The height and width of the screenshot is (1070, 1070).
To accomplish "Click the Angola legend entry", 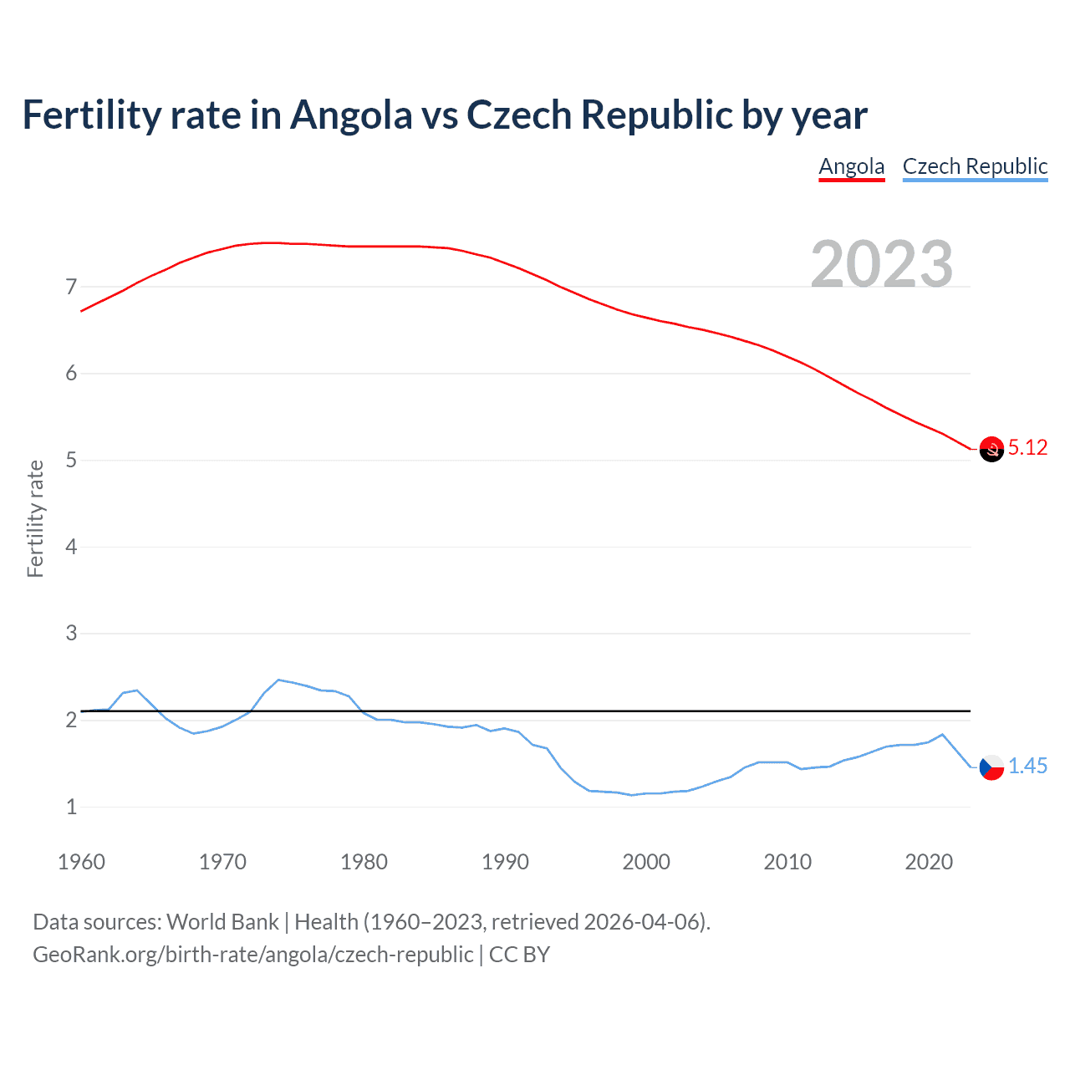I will tap(851, 166).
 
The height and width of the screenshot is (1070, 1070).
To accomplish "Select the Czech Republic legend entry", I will tap(975, 166).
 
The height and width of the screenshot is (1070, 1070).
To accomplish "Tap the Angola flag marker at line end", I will tap(991, 449).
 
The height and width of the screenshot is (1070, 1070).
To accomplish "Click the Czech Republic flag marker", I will tap(991, 767).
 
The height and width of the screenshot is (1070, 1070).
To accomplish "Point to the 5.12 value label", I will tap(1027, 448).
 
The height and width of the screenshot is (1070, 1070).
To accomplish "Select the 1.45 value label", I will tap(1027, 766).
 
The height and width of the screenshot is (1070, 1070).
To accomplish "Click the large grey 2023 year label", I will tap(882, 264).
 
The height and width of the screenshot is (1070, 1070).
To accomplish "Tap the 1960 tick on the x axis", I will tap(81, 862).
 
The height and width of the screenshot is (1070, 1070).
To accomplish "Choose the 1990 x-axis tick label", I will tap(505, 862).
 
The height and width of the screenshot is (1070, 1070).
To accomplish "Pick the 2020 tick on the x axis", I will tap(929, 862).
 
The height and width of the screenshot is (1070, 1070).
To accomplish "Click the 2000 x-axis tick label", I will tap(646, 862).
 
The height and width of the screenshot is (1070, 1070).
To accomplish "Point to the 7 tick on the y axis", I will tap(71, 287).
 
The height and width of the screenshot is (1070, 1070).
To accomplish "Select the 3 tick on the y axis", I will tap(71, 633).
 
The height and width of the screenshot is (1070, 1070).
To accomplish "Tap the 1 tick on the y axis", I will tap(71, 807).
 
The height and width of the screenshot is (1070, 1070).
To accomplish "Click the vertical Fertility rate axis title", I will tap(35, 518).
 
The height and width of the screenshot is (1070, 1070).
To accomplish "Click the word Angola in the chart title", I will tap(351, 115).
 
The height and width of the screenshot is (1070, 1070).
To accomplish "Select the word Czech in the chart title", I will tap(519, 115).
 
